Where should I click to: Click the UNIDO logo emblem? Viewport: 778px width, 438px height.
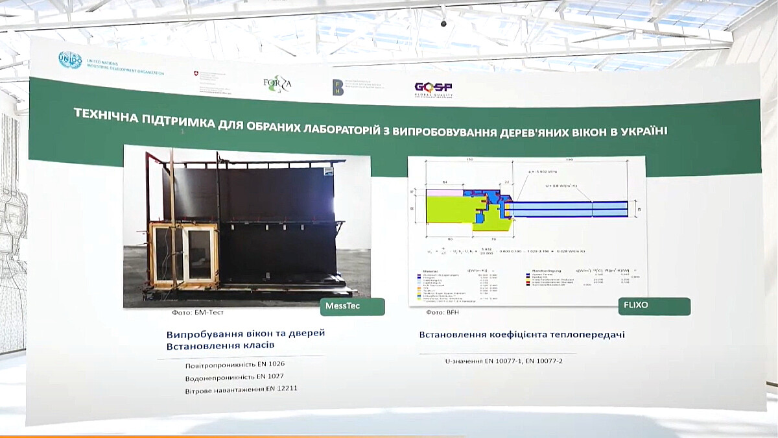tap(70, 60)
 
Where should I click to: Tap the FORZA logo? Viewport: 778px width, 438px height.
tap(277, 84)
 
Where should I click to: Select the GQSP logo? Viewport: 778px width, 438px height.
tap(433, 89)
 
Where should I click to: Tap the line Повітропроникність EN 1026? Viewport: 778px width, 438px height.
tap(235, 364)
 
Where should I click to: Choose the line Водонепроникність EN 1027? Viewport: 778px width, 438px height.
tap(234, 376)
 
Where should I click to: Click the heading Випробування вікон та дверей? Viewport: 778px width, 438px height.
tap(245, 334)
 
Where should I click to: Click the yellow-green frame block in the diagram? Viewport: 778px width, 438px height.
tap(447, 211)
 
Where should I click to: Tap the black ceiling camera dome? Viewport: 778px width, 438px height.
tap(443, 24)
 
